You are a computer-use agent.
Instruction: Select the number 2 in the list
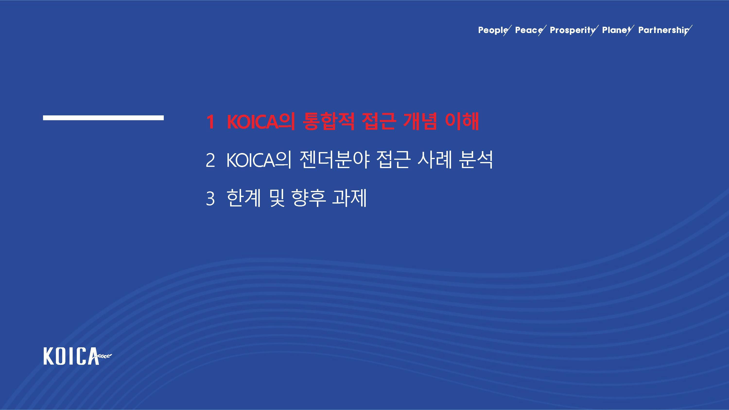click(210, 161)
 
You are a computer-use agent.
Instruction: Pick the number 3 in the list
click(210, 199)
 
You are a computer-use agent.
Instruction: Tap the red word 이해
click(462, 122)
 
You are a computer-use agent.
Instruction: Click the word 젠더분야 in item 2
click(334, 160)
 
